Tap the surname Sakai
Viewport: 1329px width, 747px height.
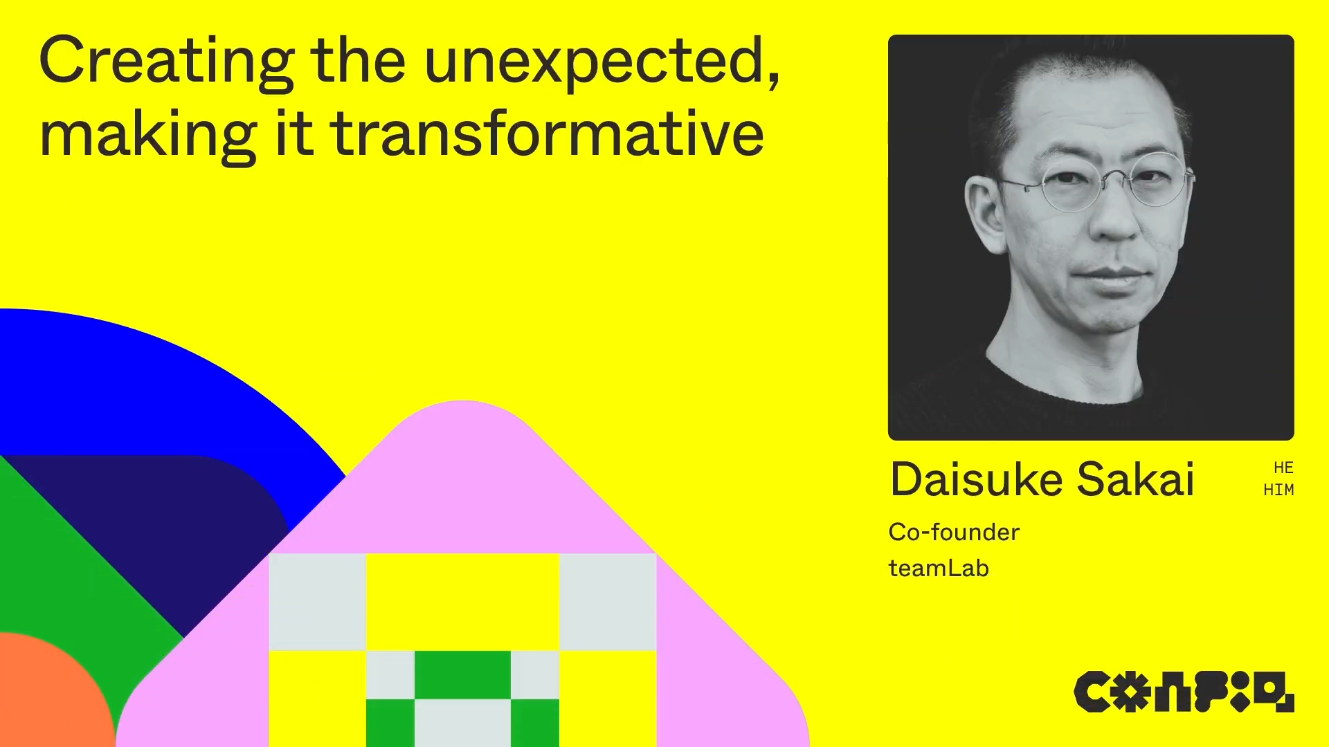tap(1136, 479)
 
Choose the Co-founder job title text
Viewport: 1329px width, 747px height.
tap(954, 532)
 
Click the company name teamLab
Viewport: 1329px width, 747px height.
tap(939, 568)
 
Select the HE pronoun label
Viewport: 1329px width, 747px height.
tap(1283, 468)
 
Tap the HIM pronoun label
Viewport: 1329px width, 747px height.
tap(1278, 490)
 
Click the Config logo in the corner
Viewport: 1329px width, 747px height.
tap(1184, 692)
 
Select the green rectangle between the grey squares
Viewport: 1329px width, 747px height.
tap(462, 675)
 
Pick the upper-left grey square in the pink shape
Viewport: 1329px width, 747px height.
tap(317, 602)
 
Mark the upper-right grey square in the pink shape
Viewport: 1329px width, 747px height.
tap(608, 602)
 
